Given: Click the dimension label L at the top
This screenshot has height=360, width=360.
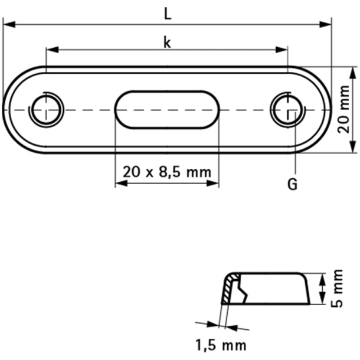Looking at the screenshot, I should click(168, 16).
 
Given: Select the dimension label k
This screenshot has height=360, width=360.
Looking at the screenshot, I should click(167, 42).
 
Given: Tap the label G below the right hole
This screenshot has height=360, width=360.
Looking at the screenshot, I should click(292, 185).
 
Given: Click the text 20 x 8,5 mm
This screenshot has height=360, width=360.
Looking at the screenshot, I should click(167, 172).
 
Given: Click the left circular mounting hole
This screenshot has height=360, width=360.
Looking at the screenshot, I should click(47, 110).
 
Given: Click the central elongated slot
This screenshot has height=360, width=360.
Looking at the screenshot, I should click(167, 109).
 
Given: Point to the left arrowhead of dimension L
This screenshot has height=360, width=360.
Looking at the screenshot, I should click(8, 24).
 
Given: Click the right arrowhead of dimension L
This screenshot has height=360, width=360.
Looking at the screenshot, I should click(326, 24).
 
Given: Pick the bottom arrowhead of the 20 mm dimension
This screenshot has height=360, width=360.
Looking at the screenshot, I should click(352, 148).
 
